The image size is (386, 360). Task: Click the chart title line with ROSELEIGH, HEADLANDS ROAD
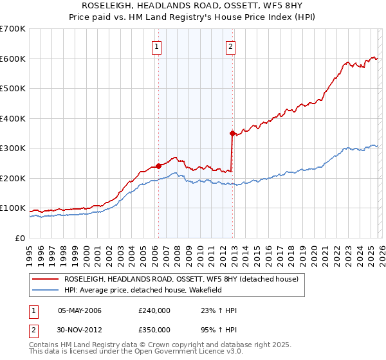click(192, 6)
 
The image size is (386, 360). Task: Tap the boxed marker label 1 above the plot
click(158, 46)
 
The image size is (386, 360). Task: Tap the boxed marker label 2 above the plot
click(230, 46)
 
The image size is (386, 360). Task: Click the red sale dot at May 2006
click(158, 166)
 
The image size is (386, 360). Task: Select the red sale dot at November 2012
click(232, 133)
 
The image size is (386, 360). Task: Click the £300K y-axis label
click(12, 148)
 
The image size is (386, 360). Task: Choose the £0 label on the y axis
click(19, 238)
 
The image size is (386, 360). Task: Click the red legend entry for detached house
click(181, 280)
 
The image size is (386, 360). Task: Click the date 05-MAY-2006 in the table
click(80, 310)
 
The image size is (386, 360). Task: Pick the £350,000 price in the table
click(154, 329)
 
